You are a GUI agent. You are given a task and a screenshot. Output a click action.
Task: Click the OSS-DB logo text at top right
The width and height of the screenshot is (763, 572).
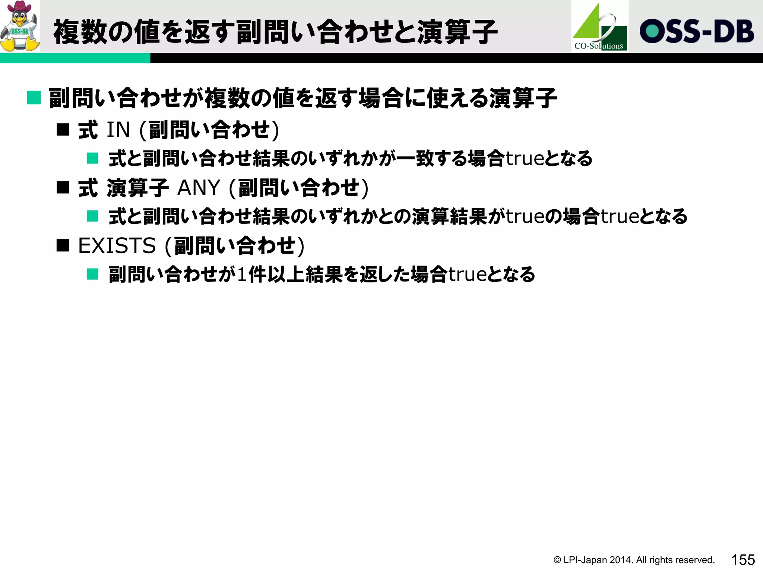coord(697,31)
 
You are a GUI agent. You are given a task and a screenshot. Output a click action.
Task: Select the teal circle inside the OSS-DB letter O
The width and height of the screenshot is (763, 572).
coord(652,31)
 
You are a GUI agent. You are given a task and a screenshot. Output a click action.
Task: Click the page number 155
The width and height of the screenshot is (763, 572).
coord(743,560)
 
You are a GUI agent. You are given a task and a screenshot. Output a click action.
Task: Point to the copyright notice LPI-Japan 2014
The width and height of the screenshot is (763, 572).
coord(634,560)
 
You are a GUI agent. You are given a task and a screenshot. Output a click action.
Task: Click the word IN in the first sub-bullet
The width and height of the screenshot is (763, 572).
coord(118,130)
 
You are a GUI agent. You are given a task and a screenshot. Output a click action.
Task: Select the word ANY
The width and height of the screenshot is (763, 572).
coord(199,188)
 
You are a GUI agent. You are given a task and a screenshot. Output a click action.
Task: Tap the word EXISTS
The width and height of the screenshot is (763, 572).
coord(117,246)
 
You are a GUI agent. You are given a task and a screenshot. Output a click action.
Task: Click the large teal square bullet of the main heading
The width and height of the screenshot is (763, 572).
coord(34,98)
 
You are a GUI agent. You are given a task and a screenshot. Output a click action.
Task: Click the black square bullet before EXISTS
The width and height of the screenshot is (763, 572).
coord(63,245)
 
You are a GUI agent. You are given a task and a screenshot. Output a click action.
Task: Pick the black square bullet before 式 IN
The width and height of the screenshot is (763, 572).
coord(63,130)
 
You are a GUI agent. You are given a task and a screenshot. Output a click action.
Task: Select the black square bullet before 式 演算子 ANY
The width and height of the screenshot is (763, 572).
coord(63,187)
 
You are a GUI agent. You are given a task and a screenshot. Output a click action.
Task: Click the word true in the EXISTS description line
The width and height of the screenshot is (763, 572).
coord(467,275)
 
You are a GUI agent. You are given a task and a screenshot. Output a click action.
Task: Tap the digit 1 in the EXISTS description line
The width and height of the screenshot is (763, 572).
coord(242,275)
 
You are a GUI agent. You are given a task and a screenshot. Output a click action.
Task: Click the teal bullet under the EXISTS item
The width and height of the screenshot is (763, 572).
coord(92,274)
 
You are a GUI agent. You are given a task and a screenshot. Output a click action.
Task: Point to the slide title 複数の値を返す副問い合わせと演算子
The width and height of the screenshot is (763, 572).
coord(275,32)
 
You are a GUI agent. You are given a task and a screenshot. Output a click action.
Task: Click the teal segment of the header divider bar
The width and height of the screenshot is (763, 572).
coord(75,58)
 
